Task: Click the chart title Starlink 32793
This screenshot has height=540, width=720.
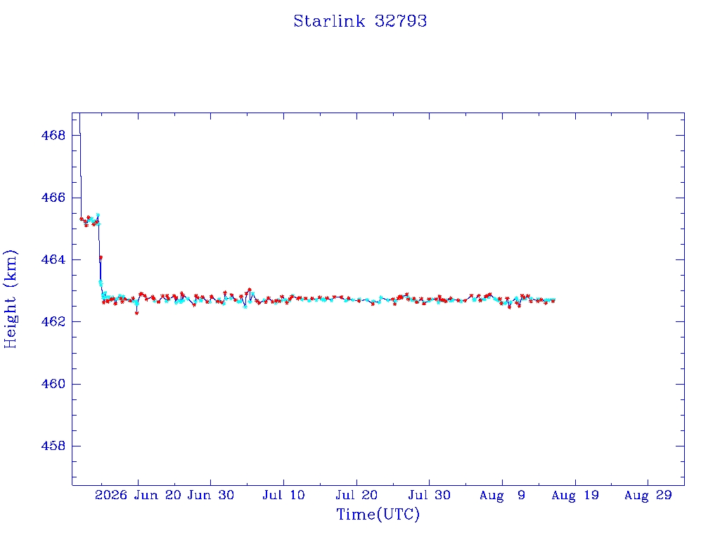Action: point(360,21)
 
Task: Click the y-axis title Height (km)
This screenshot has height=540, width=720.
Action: point(10,299)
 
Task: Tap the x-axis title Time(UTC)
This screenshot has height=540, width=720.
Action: point(378,514)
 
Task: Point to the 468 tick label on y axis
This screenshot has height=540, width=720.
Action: point(53,136)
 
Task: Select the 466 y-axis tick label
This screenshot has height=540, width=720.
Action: point(53,198)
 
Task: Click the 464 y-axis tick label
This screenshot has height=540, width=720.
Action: point(53,259)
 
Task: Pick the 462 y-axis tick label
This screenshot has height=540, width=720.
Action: point(53,321)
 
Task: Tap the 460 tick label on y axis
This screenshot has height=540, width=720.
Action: point(53,384)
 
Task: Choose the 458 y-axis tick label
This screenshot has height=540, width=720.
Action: point(53,446)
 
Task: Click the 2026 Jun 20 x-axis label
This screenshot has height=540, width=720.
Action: point(139,495)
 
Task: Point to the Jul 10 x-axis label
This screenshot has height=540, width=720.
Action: point(283,495)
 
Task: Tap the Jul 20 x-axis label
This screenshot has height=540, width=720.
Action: point(356,495)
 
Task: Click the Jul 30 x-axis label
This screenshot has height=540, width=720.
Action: point(430,495)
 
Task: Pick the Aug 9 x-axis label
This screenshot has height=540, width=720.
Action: point(502,496)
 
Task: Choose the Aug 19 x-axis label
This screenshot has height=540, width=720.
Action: point(575,496)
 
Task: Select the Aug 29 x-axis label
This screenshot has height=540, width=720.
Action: point(648,496)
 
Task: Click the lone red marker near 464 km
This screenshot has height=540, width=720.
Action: point(101,257)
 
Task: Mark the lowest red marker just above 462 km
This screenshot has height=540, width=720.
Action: point(137,313)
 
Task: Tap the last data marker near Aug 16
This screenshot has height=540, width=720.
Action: point(554,300)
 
